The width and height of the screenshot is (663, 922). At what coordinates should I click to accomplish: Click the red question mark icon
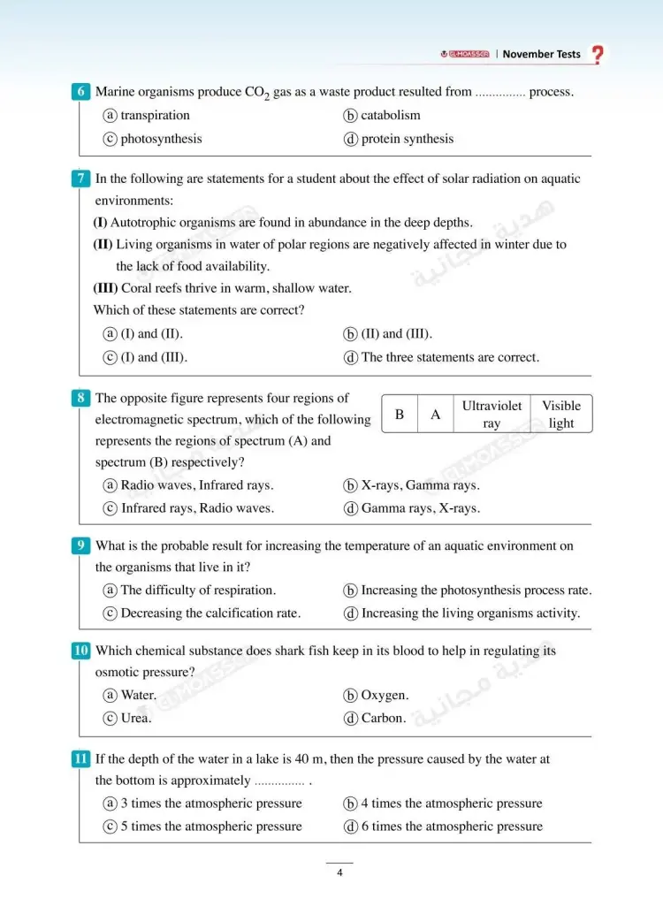598,55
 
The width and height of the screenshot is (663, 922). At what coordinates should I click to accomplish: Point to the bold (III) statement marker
105,288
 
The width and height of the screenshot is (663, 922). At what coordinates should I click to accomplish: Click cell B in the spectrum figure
400,415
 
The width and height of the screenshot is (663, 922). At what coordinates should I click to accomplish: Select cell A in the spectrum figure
436,415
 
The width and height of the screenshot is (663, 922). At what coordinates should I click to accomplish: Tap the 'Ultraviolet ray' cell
492,415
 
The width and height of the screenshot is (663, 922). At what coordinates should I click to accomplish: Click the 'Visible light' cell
561,415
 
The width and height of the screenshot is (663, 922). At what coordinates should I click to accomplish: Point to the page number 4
339,874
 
